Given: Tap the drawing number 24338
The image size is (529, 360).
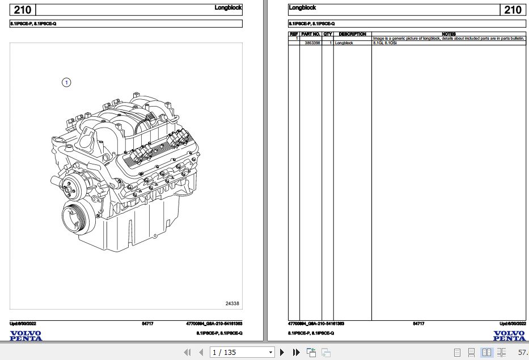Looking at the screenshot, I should [x=232, y=304].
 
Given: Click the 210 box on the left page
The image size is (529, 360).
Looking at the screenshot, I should [x=22, y=10].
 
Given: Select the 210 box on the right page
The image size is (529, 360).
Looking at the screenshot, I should [x=512, y=10].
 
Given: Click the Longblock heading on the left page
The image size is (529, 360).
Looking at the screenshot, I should [x=228, y=8].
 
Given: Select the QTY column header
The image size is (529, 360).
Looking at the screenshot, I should [x=328, y=34].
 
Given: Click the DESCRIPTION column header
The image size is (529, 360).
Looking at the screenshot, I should [x=352, y=34].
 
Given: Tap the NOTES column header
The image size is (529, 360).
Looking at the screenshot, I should [x=448, y=34].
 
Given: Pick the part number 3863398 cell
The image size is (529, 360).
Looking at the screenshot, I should [x=312, y=43].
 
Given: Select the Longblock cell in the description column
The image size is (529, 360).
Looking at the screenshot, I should [x=344, y=43].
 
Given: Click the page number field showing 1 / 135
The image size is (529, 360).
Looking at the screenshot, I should [x=241, y=353].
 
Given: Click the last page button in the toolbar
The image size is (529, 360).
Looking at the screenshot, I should [x=296, y=353].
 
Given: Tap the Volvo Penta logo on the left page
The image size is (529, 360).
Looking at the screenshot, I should [x=26, y=336].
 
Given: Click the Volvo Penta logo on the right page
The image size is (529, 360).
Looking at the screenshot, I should [x=509, y=336].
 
